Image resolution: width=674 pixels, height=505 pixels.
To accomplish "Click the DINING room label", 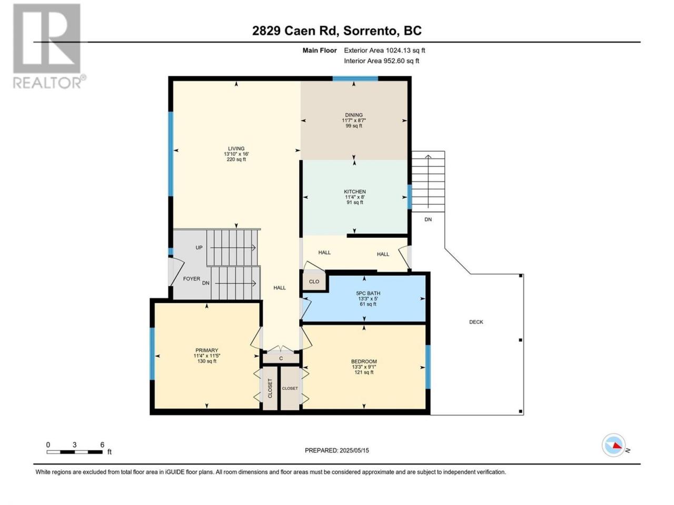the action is [354, 115].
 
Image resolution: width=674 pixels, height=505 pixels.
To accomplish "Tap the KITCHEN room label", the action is [355, 191].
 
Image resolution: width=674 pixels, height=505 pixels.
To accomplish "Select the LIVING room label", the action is [236, 148].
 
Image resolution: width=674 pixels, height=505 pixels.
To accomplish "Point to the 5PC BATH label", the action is [368, 293].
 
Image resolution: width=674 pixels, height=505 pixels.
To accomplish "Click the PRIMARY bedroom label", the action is [206, 350].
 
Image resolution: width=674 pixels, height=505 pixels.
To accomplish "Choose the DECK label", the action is [476, 322].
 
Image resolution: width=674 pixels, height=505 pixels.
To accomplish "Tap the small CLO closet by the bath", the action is [314, 281].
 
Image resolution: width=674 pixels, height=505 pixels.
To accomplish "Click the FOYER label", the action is [192, 279].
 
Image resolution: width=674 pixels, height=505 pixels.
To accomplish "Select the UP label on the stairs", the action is [199, 247].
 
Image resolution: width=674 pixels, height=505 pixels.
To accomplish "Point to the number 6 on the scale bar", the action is [102, 445].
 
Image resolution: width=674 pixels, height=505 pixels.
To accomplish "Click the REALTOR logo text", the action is [47, 83].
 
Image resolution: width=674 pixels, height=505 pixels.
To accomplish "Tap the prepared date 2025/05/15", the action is [354, 450].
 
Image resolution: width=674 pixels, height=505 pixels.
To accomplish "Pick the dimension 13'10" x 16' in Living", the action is [236, 154].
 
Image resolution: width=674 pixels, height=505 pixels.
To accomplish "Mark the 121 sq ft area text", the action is [364, 372].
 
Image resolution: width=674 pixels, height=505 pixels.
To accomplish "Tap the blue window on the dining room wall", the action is [355, 79].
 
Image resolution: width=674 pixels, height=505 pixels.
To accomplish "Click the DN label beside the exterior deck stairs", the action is [428, 219].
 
